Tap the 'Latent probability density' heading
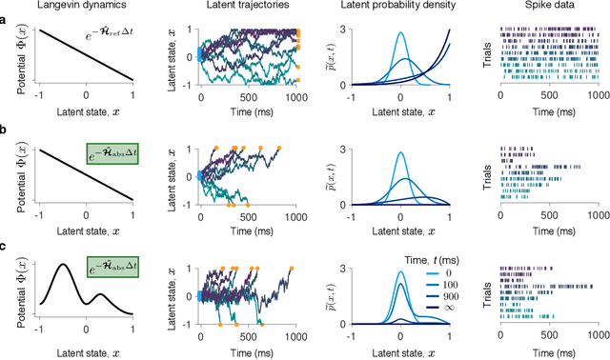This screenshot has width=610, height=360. pos(397,9)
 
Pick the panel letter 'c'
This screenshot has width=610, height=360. pos(5,246)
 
